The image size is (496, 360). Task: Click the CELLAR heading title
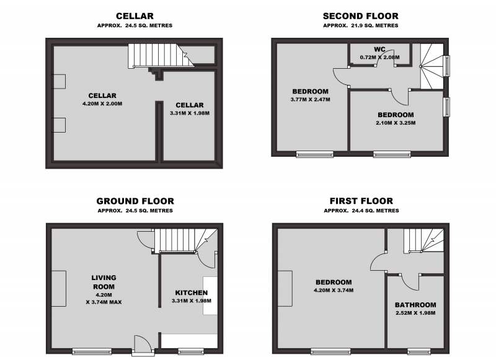pyautogui.click(x=135, y=16)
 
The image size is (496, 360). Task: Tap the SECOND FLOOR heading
pyautogui.click(x=360, y=16)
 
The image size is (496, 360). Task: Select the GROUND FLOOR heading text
pyautogui.click(x=135, y=201)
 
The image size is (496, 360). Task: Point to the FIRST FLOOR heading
pyautogui.click(x=361, y=201)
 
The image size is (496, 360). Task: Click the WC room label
pyautogui.click(x=379, y=49)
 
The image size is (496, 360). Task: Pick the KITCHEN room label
pyautogui.click(x=191, y=292)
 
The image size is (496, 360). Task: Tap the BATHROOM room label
pyautogui.click(x=415, y=305)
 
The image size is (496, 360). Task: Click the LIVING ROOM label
pyautogui.click(x=104, y=282)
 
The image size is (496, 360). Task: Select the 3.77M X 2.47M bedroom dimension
pyautogui.click(x=310, y=99)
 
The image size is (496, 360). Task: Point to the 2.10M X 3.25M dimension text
pyautogui.click(x=396, y=123)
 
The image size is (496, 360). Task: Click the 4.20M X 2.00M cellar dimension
pyautogui.click(x=102, y=103)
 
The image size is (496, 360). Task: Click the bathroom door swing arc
pyautogui.click(x=409, y=284)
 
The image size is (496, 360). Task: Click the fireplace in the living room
pyautogui.click(x=59, y=288)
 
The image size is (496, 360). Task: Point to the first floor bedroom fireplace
pyautogui.click(x=285, y=288)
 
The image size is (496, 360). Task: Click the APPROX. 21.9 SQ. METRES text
pyautogui.click(x=360, y=25)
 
